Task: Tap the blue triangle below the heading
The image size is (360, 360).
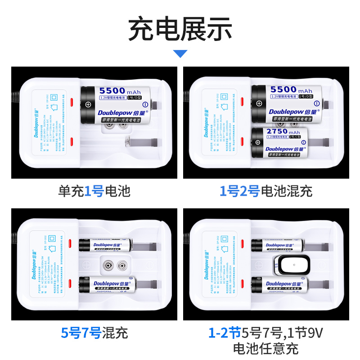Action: (180, 54)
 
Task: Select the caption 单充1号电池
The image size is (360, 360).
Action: (94, 191)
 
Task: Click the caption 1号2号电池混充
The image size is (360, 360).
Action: (265, 191)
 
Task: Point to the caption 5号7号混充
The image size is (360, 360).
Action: (94, 333)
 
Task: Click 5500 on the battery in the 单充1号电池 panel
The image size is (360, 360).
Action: (111, 90)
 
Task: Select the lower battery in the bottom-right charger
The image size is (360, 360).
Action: (279, 284)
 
